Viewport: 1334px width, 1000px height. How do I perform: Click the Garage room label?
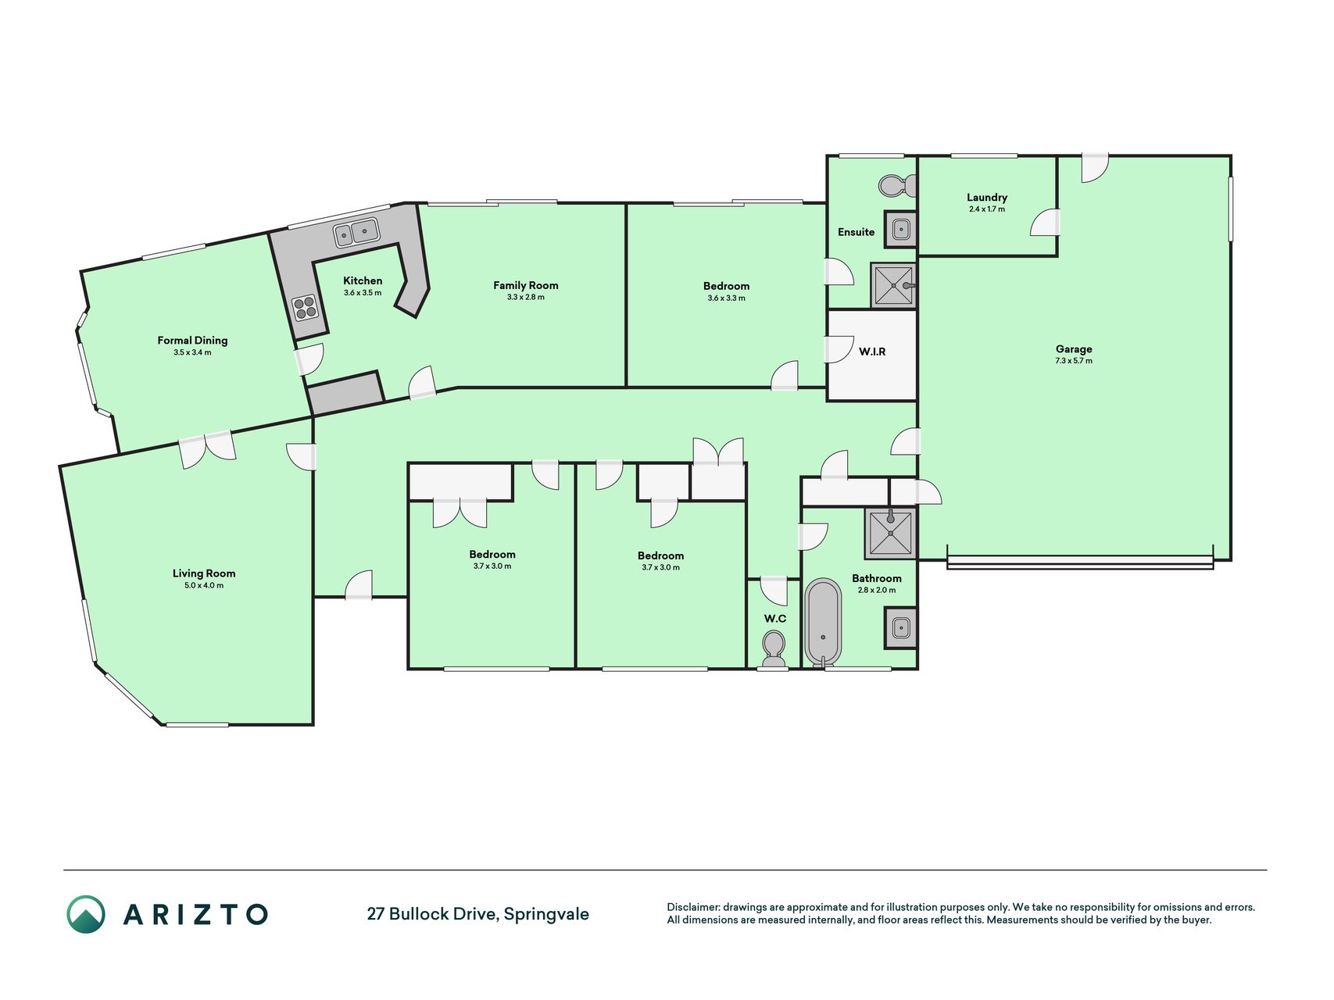point(1074,349)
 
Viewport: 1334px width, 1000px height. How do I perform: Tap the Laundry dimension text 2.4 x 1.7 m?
point(987,209)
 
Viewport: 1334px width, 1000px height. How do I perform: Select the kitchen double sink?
point(356,232)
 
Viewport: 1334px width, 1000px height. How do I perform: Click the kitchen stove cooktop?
point(305,307)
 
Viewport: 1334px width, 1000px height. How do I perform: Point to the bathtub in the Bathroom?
point(823,623)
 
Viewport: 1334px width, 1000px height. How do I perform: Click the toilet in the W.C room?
point(774,649)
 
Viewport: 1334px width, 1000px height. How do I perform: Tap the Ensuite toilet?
point(898,186)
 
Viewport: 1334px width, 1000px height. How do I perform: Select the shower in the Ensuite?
point(893,285)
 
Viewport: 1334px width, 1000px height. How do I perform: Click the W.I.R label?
point(872,352)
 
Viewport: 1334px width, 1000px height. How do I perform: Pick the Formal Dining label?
point(192,340)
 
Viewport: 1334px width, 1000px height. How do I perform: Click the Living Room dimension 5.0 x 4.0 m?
point(204,585)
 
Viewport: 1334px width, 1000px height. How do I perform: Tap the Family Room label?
point(526,285)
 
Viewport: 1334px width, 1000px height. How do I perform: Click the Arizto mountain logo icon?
point(85,914)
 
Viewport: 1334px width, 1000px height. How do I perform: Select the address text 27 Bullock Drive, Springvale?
point(478,914)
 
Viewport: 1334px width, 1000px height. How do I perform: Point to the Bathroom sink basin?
point(900,627)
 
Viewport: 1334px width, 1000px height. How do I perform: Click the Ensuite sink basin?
point(900,229)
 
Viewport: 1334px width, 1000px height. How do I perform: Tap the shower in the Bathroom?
point(890,533)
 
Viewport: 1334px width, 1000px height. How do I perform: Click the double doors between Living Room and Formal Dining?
point(206,448)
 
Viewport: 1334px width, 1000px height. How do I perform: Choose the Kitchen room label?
point(363,280)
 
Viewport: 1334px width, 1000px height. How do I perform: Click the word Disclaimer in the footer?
point(693,907)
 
